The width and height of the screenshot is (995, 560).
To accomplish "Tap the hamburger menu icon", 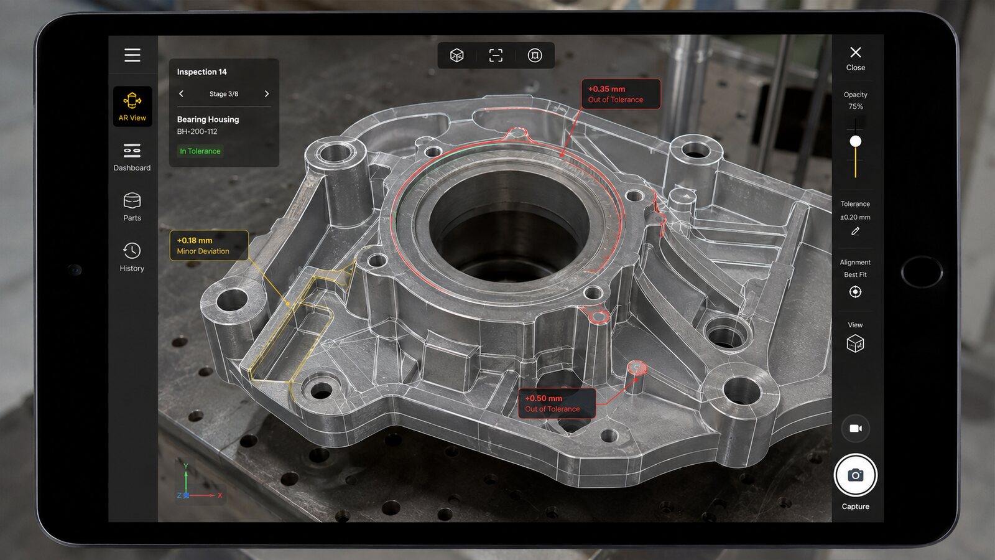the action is coord(132,55).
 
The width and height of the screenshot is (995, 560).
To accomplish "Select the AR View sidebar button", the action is coord(132,106).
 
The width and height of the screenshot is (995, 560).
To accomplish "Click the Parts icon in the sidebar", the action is coord(132,202).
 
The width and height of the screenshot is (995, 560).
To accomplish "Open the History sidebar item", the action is coord(132,257).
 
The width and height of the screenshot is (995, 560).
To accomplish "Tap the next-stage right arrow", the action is coord(267,94).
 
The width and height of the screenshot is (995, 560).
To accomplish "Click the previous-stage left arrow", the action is coord(181,94).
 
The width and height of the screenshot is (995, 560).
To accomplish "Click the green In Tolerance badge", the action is coord(200,151).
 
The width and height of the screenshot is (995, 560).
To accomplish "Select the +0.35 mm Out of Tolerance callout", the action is coord(621,94).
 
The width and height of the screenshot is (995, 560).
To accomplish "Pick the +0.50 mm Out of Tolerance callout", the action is coord(557,404).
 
